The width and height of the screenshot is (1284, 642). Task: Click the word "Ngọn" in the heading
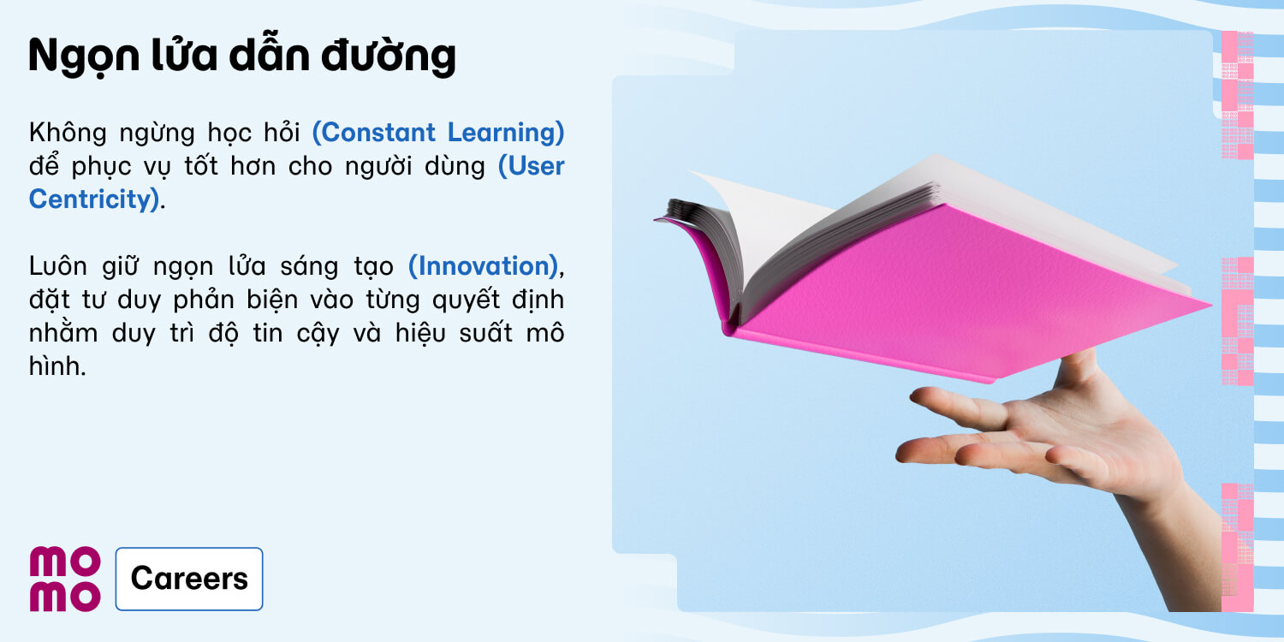point(84,56)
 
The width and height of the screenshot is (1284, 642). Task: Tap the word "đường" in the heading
point(389,56)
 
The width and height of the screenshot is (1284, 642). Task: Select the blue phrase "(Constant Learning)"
point(438,133)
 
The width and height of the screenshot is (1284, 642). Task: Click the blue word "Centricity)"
point(94,199)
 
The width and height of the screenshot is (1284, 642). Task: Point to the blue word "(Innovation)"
point(484,266)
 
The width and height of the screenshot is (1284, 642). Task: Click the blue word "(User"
point(532,166)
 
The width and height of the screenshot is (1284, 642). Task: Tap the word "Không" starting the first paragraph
point(68,133)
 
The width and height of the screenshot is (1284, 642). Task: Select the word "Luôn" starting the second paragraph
point(58,266)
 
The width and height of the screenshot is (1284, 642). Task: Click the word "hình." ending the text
point(57,366)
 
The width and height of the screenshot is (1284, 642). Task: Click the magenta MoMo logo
point(65,579)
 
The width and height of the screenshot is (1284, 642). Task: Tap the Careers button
point(189,579)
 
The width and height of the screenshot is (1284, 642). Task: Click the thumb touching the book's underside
point(1078,367)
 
